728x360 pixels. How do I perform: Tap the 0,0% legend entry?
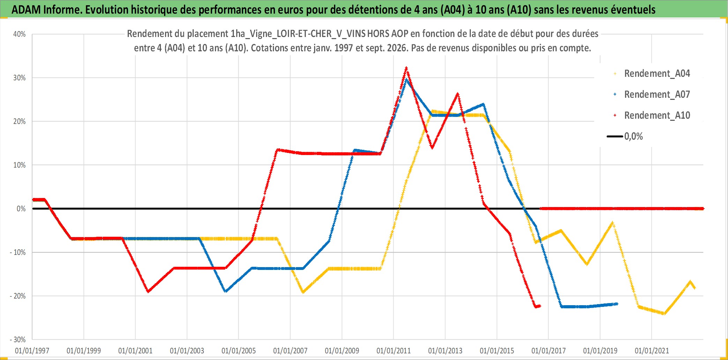pyautogui.click(x=625, y=136)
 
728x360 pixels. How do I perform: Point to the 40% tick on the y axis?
pyautogui.click(x=20, y=34)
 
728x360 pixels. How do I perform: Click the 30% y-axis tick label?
pyautogui.click(x=20, y=78)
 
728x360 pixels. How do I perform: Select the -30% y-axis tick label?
pyautogui.click(x=18, y=340)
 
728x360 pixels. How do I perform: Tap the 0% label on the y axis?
pyautogui.click(x=21, y=209)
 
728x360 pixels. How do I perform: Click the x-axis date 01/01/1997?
pyautogui.click(x=32, y=351)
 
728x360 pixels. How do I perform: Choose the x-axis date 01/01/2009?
pyautogui.click(x=342, y=351)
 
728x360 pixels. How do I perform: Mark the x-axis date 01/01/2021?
pyautogui.click(x=652, y=351)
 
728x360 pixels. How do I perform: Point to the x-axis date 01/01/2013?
pyautogui.click(x=445, y=351)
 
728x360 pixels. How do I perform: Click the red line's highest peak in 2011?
pyautogui.click(x=406, y=68)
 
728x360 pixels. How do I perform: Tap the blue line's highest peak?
pyautogui.click(x=406, y=80)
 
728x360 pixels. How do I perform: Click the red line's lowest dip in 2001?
pyautogui.click(x=148, y=291)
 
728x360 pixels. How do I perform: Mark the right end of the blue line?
pyautogui.click(x=617, y=304)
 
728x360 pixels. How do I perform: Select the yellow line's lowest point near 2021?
pyautogui.click(x=664, y=314)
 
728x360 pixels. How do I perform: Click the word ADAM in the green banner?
pyautogui.click(x=26, y=10)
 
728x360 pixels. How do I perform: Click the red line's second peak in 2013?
pyautogui.click(x=458, y=94)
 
